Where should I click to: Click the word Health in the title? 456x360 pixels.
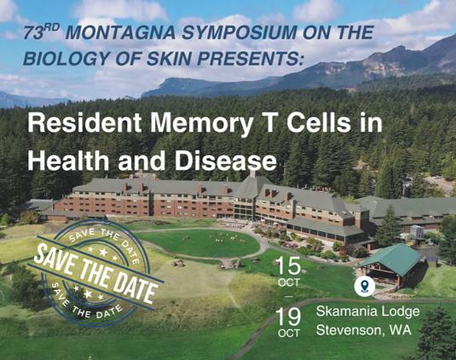coord(66,160)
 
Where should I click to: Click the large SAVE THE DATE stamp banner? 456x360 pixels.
coord(95,270)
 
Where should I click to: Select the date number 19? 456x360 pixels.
coord(288,317)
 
